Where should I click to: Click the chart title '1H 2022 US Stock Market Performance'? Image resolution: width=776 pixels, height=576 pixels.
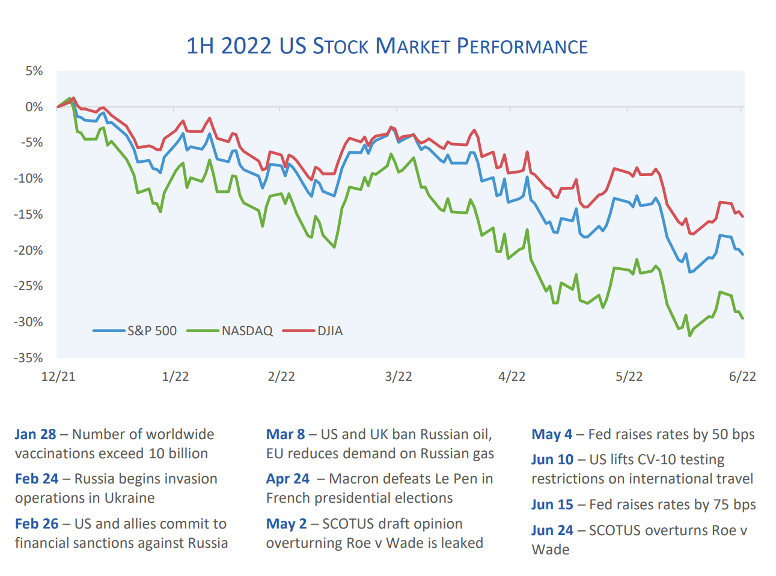click(387, 46)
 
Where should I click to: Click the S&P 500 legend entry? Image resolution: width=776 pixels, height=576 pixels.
click(151, 331)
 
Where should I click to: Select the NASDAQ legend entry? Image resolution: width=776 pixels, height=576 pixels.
click(246, 331)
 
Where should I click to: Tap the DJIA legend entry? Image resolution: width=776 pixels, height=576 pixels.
click(330, 331)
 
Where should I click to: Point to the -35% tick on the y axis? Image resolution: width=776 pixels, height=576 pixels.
click(29, 358)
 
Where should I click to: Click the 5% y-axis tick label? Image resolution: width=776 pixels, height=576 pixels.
click(34, 71)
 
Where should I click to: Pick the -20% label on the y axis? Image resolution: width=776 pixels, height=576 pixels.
click(29, 250)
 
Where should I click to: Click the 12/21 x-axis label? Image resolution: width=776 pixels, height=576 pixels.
click(58, 377)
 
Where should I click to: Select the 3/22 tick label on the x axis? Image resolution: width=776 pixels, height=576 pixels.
click(399, 377)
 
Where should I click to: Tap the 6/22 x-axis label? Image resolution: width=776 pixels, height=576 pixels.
click(742, 377)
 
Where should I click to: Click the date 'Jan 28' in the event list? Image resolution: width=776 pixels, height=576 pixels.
click(35, 434)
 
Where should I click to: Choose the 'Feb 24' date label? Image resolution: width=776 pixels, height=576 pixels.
click(37, 479)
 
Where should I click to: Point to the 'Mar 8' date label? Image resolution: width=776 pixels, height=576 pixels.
click(286, 434)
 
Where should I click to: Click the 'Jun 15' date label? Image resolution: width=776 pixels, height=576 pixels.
click(552, 505)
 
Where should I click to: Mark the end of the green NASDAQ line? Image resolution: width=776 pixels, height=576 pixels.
click(743, 318)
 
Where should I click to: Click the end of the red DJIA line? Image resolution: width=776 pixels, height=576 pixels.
click(743, 216)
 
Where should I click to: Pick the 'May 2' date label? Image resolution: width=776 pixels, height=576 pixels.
click(286, 524)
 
